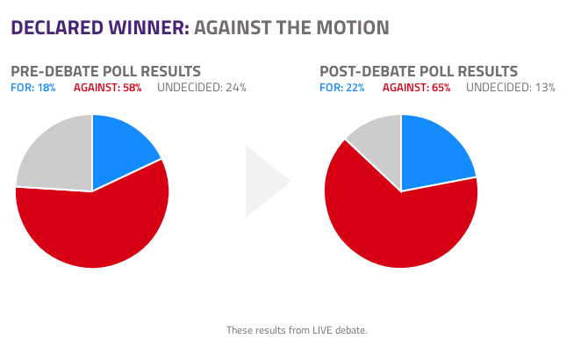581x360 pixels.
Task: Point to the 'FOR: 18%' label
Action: click(33, 88)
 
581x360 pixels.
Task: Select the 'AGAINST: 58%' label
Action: click(107, 88)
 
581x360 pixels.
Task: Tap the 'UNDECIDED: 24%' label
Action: click(202, 88)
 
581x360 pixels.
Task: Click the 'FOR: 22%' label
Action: click(342, 88)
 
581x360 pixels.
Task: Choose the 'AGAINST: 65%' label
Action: click(417, 88)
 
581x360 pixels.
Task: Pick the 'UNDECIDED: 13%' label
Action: click(511, 88)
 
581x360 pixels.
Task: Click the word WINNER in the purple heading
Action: click(149, 28)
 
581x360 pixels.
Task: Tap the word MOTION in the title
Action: click(353, 28)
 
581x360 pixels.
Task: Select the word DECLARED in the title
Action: click(57, 28)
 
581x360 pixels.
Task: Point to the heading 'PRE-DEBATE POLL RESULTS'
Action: click(105, 71)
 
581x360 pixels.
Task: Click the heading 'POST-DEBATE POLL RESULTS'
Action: click(419, 71)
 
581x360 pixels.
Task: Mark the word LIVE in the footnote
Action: click(322, 330)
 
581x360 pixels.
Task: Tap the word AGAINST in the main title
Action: click(233, 28)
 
